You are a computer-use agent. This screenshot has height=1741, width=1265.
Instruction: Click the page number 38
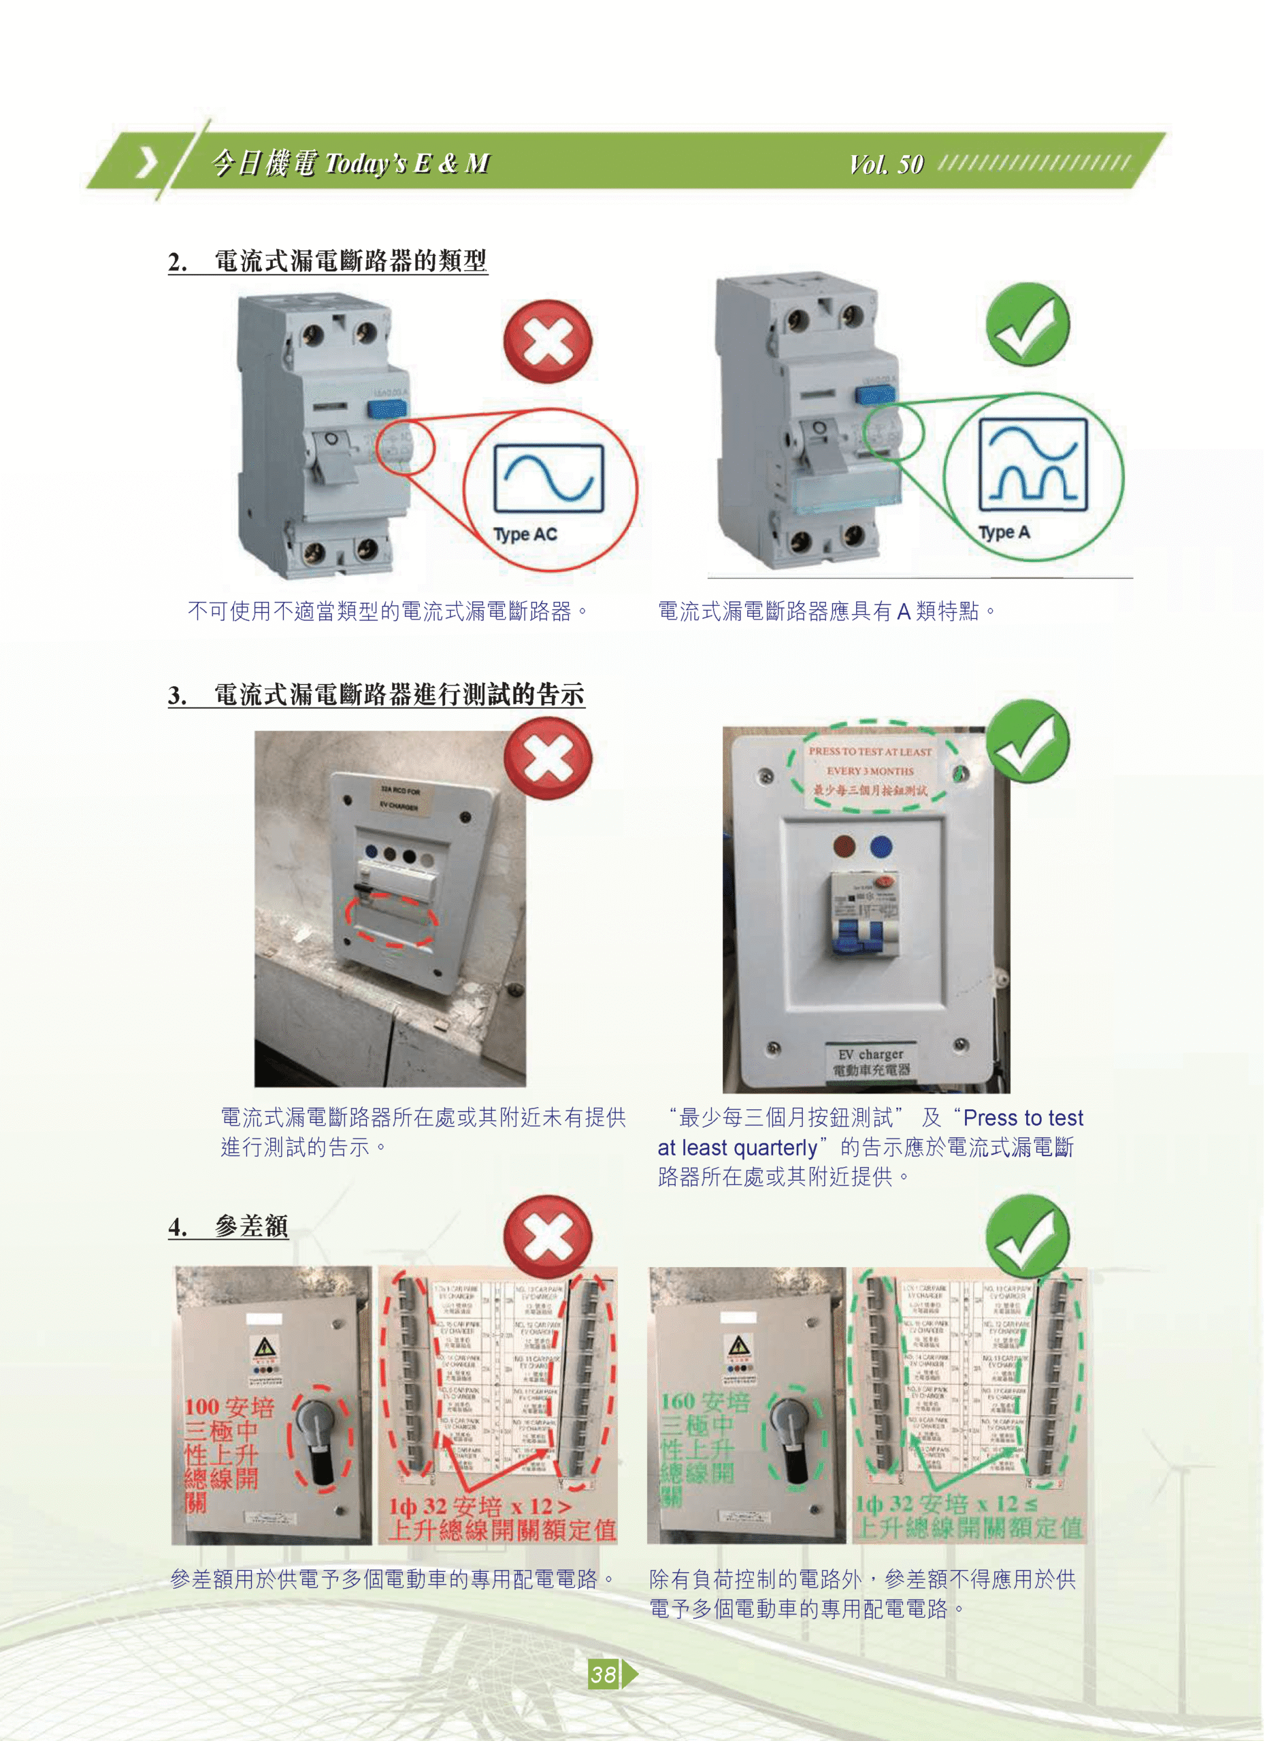tap(604, 1674)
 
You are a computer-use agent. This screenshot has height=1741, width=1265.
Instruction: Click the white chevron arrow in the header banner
tap(146, 163)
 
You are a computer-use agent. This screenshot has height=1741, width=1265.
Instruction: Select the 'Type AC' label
tap(525, 535)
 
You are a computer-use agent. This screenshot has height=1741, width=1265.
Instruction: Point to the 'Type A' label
tap(1003, 532)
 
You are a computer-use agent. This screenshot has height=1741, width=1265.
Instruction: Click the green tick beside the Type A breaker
tap(1027, 324)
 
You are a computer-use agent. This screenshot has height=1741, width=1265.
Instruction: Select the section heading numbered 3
tap(376, 695)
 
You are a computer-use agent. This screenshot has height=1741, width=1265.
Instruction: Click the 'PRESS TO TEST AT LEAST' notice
tap(870, 752)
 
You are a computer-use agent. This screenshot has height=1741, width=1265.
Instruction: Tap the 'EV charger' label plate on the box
tap(871, 1062)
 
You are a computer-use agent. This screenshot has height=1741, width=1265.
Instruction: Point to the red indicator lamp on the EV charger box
tap(844, 847)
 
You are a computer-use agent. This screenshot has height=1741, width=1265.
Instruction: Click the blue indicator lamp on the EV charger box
tap(881, 847)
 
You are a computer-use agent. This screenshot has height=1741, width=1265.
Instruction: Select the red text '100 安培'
tap(228, 1407)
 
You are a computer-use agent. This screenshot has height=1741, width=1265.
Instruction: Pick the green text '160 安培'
tap(704, 1402)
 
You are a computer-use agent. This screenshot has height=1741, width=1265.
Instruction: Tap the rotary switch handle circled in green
tap(793, 1437)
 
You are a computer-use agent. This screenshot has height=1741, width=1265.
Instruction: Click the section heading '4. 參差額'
tap(228, 1227)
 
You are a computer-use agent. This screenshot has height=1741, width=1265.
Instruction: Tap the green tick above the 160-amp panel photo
tap(1027, 1235)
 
